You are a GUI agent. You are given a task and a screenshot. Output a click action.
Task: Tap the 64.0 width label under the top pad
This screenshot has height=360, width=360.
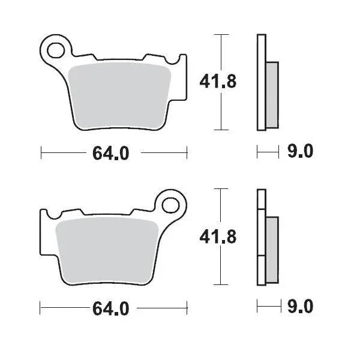point(111,154)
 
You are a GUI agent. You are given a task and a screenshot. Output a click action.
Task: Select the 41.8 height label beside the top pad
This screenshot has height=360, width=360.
point(217,82)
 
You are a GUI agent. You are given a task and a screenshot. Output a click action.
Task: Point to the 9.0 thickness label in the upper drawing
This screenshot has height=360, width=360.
point(299,152)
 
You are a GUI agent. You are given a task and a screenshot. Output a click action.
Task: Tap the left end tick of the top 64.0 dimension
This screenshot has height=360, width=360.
point(41,154)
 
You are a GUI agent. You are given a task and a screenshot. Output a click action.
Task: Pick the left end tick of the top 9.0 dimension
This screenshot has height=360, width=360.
point(257,152)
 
